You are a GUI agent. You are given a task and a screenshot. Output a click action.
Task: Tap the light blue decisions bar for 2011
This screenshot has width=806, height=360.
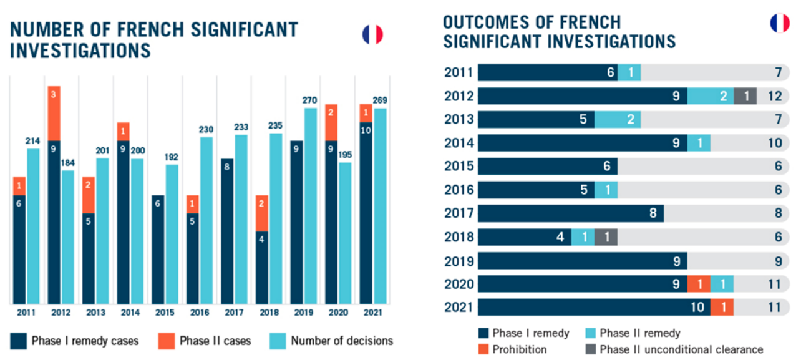(33, 225)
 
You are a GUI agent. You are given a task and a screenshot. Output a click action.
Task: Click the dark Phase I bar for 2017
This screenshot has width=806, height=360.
(227, 231)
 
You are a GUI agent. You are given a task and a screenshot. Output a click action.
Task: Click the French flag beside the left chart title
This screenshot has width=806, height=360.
(372, 34)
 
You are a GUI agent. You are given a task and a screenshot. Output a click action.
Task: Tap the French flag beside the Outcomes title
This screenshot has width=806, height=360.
(779, 24)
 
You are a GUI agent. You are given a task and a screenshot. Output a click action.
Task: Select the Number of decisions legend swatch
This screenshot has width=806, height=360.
(277, 341)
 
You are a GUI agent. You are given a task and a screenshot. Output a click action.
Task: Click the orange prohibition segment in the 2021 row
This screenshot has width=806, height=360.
(722, 307)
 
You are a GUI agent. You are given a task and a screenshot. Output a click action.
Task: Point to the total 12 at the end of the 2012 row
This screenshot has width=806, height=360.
(774, 96)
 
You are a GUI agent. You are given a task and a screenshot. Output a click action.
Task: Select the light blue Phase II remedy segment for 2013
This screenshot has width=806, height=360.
(617, 119)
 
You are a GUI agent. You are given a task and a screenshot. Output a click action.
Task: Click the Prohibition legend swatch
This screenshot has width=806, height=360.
(483, 349)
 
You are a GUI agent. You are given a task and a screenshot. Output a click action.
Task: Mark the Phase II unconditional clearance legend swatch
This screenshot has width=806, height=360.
(590, 349)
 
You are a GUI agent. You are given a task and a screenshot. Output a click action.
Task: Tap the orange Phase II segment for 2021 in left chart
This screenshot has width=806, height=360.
(366, 113)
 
